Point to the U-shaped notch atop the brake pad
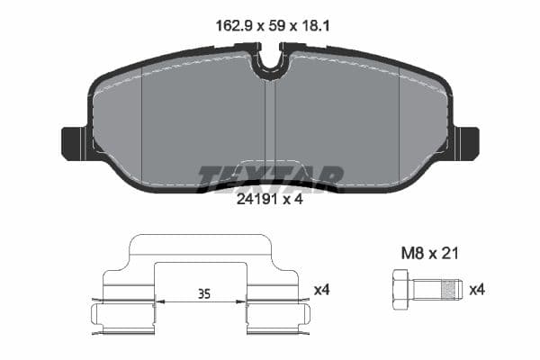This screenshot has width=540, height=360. click(269, 65)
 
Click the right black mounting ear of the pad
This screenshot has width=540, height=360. click(466, 142)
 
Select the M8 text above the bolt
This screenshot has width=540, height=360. click(411, 255)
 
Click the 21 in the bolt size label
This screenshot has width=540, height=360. click(449, 255)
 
